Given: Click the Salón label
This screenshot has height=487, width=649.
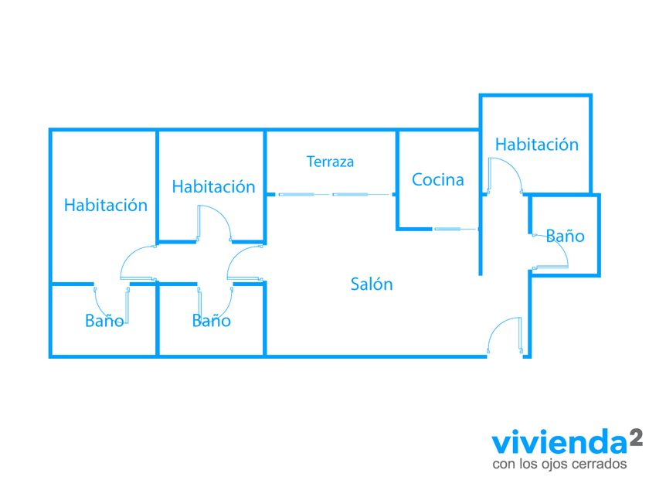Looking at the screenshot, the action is pos(372,284).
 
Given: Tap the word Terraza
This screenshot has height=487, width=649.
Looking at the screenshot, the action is pos(331,162).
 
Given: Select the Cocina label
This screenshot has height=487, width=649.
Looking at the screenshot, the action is pos(438,179).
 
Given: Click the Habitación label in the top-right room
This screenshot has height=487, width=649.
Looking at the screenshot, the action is pos(537,144).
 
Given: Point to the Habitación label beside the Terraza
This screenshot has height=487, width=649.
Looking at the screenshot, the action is pos(213,186).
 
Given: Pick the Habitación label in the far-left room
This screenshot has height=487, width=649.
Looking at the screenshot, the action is pos(106,205).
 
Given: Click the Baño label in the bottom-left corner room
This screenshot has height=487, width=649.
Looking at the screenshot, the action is pos(104,321).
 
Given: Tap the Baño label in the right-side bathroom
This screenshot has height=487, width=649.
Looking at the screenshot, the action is pos(565,236).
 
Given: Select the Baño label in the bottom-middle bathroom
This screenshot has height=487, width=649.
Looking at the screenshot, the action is pos(211,321).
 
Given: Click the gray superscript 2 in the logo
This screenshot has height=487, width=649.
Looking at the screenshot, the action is pos(636,438).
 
